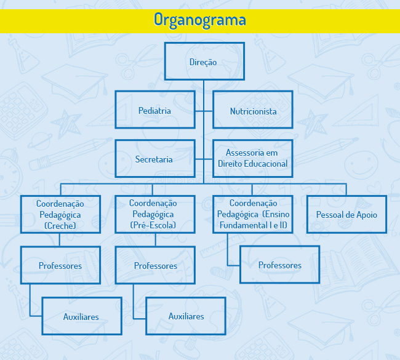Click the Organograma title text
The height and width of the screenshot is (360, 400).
(200, 20)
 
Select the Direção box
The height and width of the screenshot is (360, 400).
(204, 62)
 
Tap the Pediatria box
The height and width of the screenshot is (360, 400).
(155, 110)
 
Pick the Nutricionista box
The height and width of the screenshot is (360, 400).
(253, 110)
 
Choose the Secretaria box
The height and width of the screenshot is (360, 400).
(155, 158)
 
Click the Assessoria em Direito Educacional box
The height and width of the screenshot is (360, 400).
(253, 158)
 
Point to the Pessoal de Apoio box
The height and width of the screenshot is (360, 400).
(346, 214)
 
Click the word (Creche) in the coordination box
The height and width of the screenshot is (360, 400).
(60, 226)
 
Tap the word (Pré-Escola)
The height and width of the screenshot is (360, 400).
(153, 225)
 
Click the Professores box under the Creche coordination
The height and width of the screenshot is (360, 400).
(60, 265)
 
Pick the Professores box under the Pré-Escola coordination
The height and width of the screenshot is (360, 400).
(155, 265)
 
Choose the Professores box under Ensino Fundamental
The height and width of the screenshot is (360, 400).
(280, 265)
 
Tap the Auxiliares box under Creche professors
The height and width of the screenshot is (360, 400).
(82, 316)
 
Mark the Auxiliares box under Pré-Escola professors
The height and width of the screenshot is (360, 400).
(186, 316)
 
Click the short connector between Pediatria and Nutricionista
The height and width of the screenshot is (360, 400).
(204, 111)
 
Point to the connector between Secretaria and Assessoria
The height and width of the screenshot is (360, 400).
(204, 159)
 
